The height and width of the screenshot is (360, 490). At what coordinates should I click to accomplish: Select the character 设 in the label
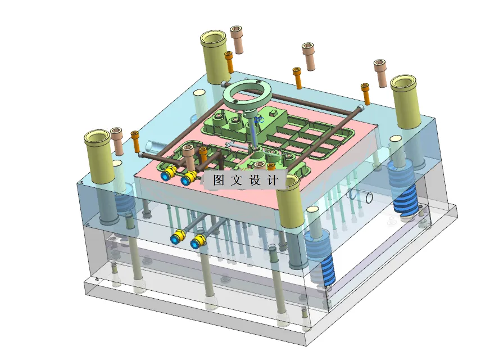pos(255,181)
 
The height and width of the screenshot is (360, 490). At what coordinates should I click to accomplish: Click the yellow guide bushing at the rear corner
pos(214,56)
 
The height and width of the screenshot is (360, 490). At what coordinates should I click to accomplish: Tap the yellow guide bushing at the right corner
pos(406,101)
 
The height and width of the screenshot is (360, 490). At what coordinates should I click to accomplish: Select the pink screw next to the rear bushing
pos(237,39)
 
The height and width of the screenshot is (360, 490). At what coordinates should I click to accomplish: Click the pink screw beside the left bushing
pos(117,141)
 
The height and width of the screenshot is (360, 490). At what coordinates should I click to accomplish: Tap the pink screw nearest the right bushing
pos(381,73)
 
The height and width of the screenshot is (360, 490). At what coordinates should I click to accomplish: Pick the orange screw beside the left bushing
pos(135,142)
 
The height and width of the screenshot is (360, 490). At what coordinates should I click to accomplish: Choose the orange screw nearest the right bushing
pos(366,93)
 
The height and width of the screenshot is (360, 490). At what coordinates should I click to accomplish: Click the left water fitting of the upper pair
pos(167,175)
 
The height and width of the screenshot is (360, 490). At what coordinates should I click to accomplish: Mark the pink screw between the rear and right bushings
pos(308,56)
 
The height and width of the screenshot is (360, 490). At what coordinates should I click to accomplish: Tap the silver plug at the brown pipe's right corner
pos(360,107)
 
